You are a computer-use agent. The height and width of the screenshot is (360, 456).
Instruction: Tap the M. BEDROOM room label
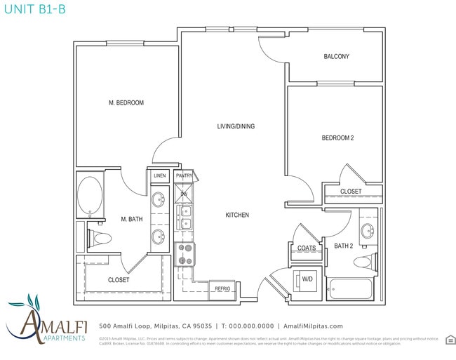(126, 103)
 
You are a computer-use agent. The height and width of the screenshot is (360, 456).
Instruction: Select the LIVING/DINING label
(235, 126)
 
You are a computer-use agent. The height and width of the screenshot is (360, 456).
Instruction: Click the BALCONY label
(336, 57)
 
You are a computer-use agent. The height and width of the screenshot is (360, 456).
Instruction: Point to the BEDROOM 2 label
(337, 138)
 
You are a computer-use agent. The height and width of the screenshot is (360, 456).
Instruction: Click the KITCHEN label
(237, 215)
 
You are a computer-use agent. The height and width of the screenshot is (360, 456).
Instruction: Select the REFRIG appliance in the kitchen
(222, 288)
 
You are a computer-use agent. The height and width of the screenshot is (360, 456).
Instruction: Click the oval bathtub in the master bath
(89, 196)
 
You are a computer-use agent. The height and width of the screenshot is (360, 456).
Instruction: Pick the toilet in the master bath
(101, 239)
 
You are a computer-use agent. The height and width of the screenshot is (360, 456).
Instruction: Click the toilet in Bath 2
(363, 262)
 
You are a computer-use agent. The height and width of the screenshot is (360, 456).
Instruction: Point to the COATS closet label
(307, 248)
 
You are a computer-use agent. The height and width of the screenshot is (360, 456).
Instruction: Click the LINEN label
(160, 175)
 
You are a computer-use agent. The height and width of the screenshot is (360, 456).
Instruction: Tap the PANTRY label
(185, 175)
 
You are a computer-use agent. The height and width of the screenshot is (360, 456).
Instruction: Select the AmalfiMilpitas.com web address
(313, 326)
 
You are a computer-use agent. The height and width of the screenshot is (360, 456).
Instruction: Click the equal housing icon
(450, 340)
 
